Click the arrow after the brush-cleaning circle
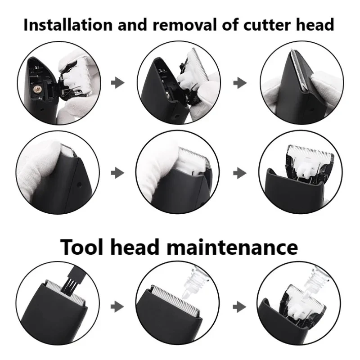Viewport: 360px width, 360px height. (x=118, y=306)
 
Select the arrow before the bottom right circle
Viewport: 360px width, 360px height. (x=242, y=306)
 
